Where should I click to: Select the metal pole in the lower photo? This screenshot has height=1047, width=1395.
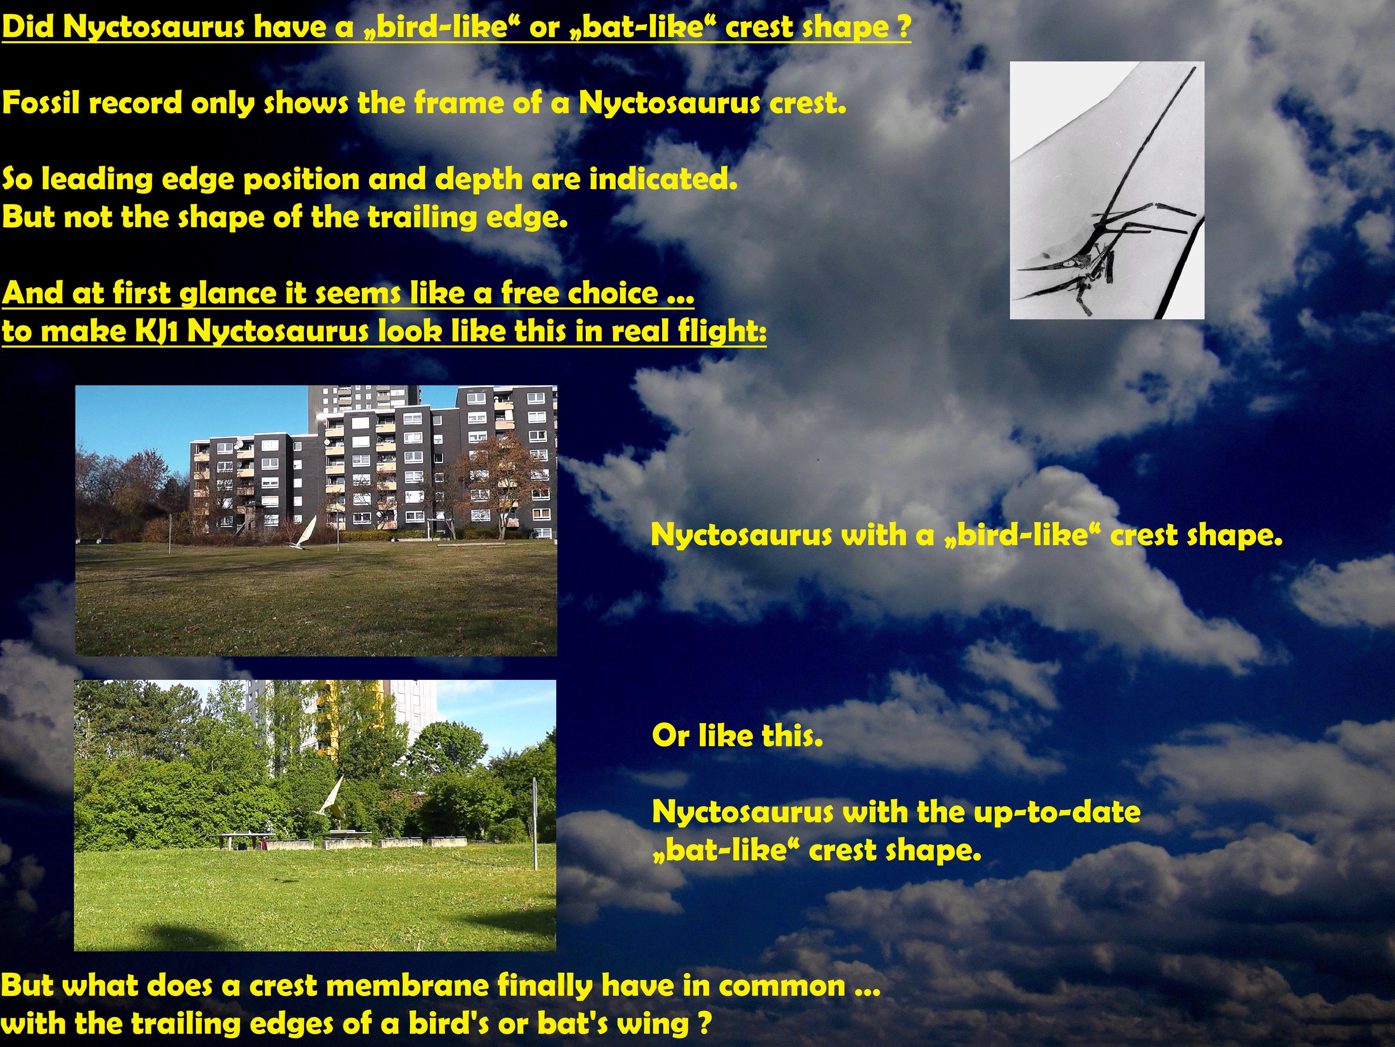click(535, 824)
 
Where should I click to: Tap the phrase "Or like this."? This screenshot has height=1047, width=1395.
click(737, 736)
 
